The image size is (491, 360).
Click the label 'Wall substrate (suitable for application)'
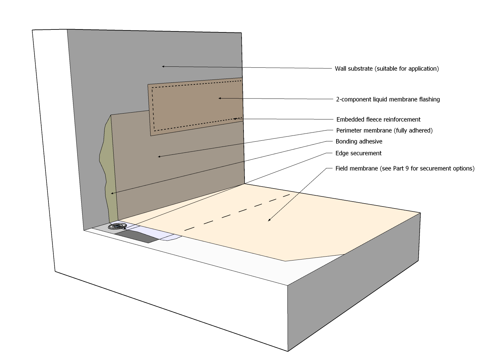click(x=387, y=69)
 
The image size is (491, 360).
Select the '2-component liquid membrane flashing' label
click(x=388, y=99)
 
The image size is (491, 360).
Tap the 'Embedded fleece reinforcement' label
click(x=378, y=120)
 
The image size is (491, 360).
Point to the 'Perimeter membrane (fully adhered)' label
click(x=384, y=131)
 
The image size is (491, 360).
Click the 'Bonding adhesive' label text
click(x=359, y=142)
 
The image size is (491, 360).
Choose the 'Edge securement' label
click(x=358, y=153)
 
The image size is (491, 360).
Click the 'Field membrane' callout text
click(x=405, y=169)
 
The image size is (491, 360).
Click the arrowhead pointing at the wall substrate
click(x=163, y=66)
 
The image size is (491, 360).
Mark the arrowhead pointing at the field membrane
click(x=269, y=220)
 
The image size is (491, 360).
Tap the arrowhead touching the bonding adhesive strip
click(x=112, y=193)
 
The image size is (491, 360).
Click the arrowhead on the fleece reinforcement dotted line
click(x=234, y=119)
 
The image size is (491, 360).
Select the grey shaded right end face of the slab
click(x=354, y=281)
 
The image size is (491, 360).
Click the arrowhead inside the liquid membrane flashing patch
click(x=220, y=98)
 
